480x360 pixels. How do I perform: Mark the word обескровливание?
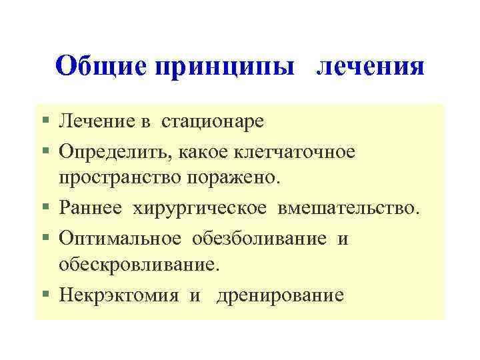click(x=139, y=265)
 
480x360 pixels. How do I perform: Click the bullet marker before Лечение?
click(x=45, y=122)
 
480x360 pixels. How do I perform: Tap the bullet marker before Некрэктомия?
click(x=45, y=295)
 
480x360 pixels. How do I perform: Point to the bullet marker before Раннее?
click(x=45, y=209)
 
